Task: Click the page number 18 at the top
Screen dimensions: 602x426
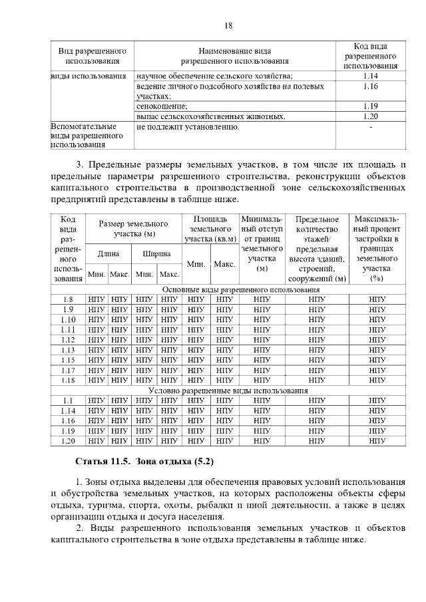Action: [x=228, y=26]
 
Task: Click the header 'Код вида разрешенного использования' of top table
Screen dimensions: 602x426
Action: [x=371, y=56]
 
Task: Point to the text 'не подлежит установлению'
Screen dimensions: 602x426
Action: [x=187, y=126]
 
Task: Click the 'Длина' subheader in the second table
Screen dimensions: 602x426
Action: [x=108, y=253]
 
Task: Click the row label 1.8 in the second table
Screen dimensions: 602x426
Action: [x=68, y=299]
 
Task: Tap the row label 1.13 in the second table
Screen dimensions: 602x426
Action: [x=68, y=350]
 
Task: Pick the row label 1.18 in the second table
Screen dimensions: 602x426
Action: [x=68, y=380]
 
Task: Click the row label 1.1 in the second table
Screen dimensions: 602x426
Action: [x=68, y=400]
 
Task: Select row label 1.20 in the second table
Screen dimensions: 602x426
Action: [x=68, y=440]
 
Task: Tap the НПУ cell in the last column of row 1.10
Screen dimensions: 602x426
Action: [x=377, y=319]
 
